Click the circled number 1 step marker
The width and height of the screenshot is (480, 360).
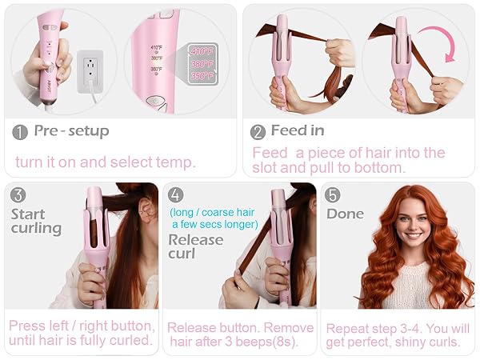(x=20, y=131)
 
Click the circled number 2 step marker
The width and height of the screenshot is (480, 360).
(x=258, y=131)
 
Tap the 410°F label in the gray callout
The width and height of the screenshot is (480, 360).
(x=202, y=50)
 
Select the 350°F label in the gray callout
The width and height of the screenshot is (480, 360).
(x=202, y=76)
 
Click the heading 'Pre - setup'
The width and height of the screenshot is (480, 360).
(x=71, y=131)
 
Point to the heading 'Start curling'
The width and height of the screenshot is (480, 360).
(x=36, y=221)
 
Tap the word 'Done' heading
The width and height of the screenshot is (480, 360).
(x=345, y=214)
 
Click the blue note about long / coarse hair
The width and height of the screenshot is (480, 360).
(x=213, y=218)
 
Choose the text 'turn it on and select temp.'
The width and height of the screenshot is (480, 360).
(x=105, y=162)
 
